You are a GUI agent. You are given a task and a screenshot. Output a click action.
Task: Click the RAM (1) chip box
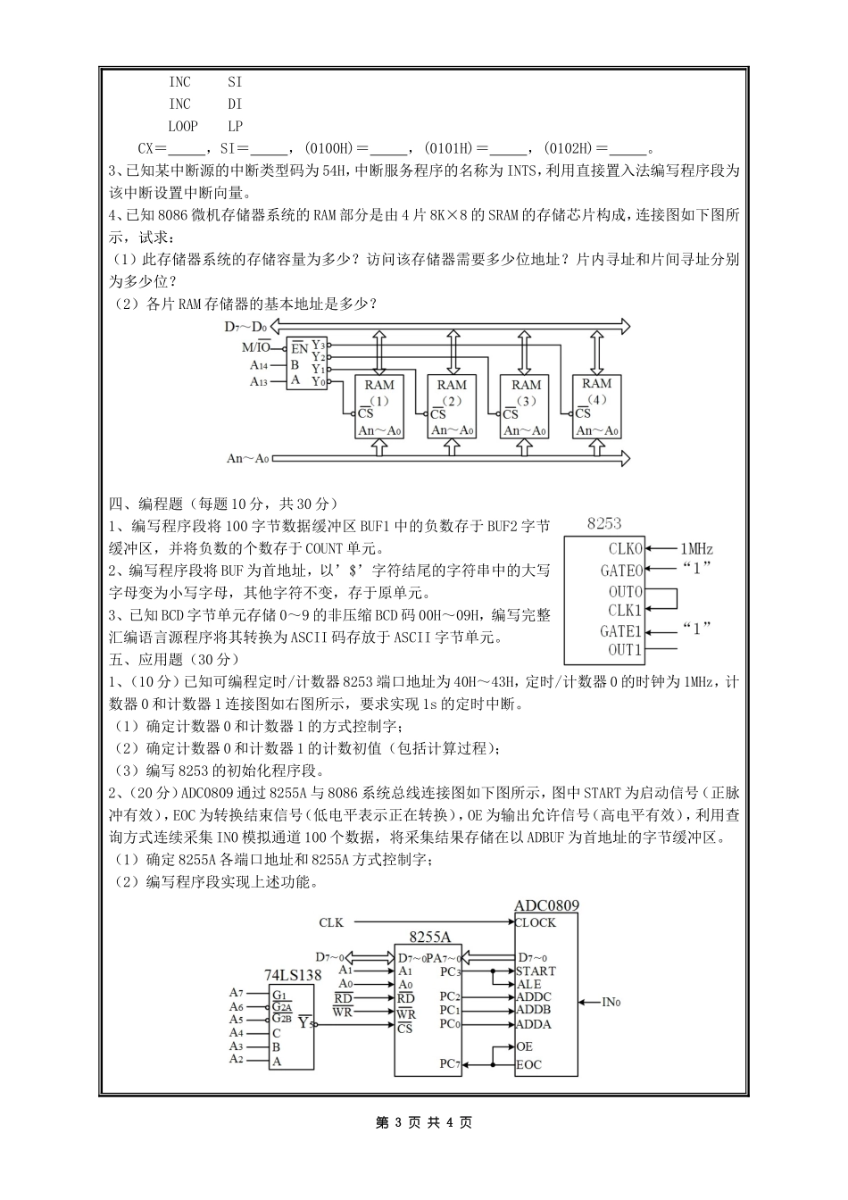click(379, 406)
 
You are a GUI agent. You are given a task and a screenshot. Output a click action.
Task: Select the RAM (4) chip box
click(596, 406)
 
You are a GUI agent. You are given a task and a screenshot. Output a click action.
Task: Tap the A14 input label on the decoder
click(258, 365)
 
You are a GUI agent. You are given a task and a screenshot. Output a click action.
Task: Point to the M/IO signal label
click(256, 347)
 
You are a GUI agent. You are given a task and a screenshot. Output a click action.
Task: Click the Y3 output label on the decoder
click(318, 345)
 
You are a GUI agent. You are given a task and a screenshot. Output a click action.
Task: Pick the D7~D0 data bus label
click(245, 327)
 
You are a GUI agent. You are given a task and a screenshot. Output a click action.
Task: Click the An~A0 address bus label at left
click(247, 458)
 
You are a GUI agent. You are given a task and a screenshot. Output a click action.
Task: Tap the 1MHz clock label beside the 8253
click(696, 549)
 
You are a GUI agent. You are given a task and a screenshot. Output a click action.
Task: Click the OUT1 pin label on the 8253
click(625, 650)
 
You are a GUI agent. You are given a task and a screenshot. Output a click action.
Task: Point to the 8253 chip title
click(604, 524)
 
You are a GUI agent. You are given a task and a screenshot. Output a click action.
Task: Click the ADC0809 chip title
click(546, 905)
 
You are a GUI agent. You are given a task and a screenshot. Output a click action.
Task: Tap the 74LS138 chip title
click(293, 976)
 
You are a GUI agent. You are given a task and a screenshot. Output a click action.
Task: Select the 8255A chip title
click(429, 937)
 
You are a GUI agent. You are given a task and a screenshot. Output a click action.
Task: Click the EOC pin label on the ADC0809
click(529, 1064)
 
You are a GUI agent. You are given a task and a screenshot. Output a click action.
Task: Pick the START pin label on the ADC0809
click(536, 971)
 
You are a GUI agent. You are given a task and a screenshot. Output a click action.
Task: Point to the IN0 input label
click(611, 1003)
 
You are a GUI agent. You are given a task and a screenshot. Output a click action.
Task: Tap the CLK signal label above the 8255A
click(330, 922)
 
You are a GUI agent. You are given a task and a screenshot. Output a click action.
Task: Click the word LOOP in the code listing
click(183, 127)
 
